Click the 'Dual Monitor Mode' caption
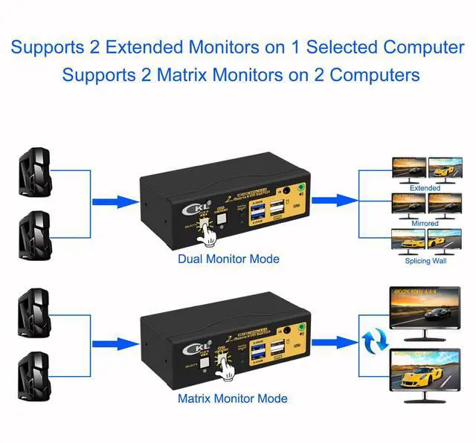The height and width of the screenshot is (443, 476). (228, 259)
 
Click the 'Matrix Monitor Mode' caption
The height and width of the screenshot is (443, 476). (232, 398)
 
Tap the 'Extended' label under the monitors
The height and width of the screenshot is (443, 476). (425, 188)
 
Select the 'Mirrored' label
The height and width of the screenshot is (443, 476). (425, 223)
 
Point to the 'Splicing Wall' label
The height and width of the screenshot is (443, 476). (425, 261)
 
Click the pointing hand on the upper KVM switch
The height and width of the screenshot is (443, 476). (210, 235)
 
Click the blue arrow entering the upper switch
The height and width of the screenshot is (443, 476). (115, 201)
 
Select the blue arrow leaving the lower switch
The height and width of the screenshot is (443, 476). (333, 342)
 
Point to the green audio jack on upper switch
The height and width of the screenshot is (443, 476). (301, 190)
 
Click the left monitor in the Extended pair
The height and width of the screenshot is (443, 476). (408, 169)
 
